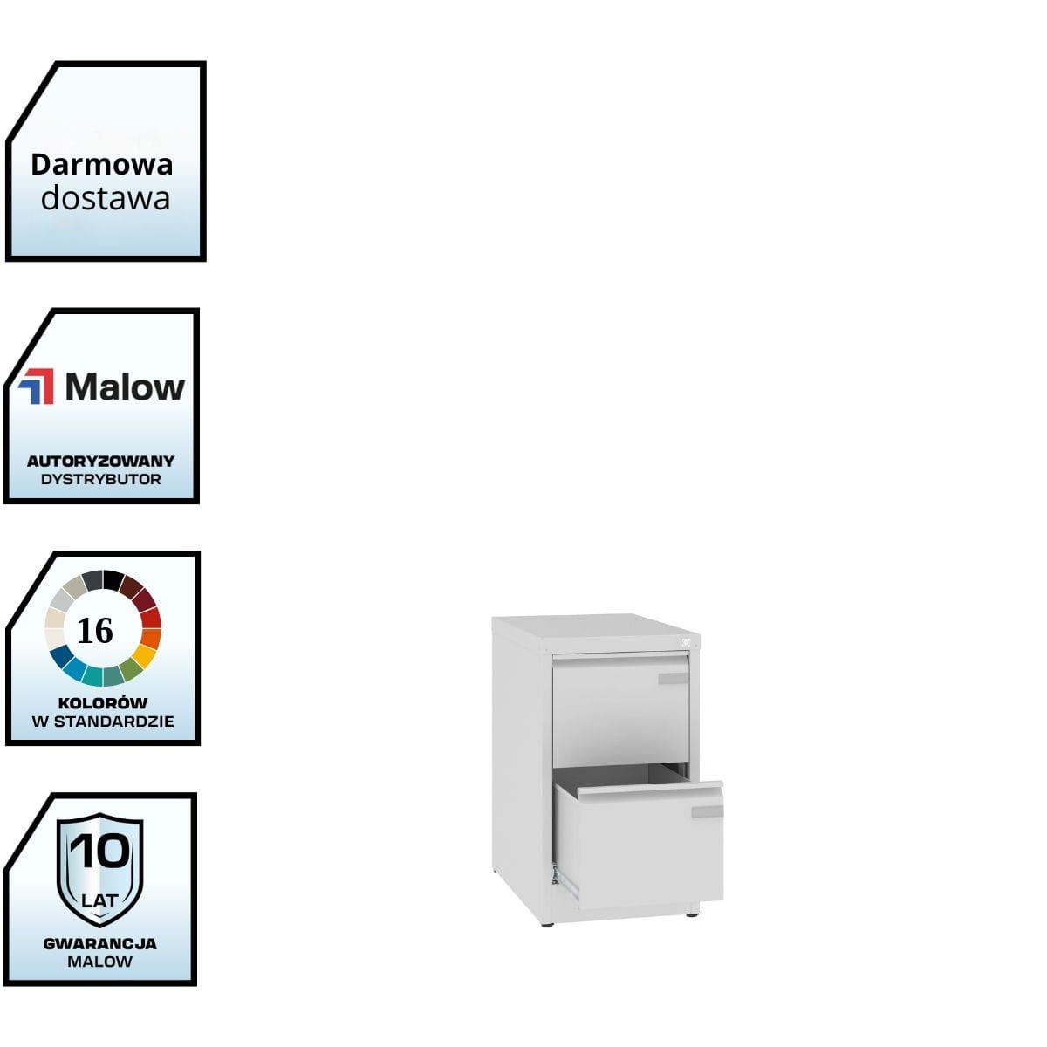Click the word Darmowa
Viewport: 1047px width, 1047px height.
coord(101,164)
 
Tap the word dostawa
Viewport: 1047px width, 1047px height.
coord(105,198)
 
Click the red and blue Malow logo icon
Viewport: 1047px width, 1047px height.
coord(36,387)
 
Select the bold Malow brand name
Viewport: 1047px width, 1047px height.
coord(125,387)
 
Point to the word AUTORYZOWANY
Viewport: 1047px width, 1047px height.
coord(100,461)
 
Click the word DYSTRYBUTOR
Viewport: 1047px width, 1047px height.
coord(100,479)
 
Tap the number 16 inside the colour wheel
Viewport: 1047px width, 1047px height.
coord(95,630)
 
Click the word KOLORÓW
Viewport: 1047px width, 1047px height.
coord(102,702)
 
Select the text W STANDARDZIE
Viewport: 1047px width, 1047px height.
coord(102,722)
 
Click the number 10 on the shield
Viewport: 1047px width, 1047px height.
coord(99,851)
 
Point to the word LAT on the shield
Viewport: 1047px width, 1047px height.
coord(99,899)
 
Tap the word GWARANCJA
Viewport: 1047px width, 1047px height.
coord(99,943)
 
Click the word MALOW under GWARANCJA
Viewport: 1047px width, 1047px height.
coord(99,961)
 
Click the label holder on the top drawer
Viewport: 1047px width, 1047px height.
coord(673,679)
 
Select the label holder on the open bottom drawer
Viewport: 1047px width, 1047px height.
coord(707,812)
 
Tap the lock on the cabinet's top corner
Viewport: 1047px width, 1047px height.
coord(686,644)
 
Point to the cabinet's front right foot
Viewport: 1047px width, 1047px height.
coord(692,914)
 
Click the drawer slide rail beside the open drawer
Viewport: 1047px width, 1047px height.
coord(566,882)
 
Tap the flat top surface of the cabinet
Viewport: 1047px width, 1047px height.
coord(593,629)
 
